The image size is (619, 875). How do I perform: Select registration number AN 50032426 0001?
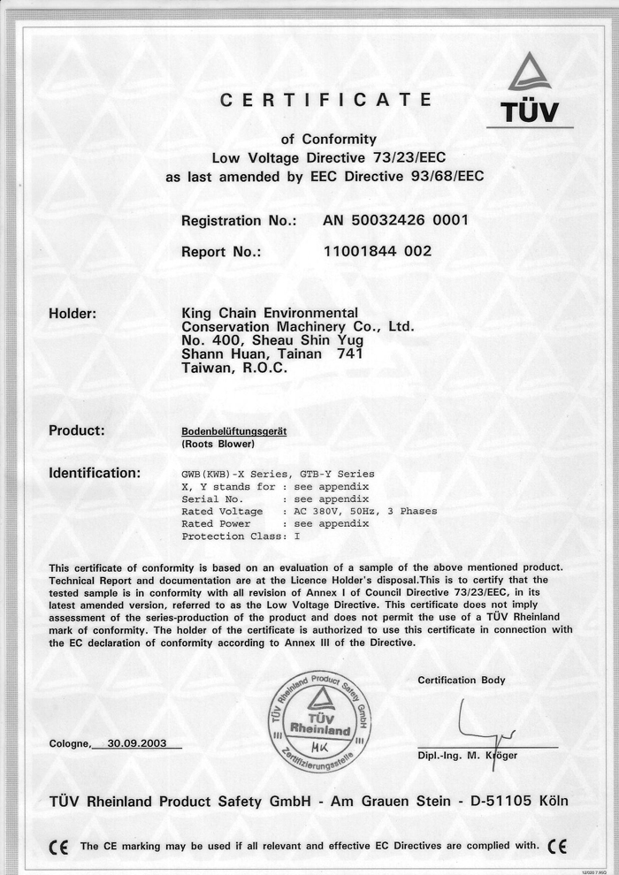tap(395, 220)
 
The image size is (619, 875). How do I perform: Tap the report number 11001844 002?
tap(378, 251)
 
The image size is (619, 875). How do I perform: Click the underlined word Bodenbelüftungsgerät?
tap(233, 430)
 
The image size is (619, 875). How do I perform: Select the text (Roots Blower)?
tap(218, 444)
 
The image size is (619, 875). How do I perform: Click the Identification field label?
tap(94, 473)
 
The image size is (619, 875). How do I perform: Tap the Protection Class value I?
tap(297, 536)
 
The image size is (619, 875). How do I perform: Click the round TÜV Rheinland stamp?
tap(320, 721)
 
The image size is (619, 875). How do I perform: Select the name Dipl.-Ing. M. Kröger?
tap(468, 756)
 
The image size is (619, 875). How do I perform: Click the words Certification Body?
tap(462, 680)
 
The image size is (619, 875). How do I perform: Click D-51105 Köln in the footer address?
tap(514, 802)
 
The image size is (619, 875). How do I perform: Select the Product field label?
tap(77, 430)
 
